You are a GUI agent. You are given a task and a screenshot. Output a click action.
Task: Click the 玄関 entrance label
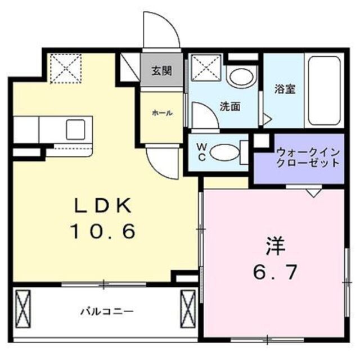pyautogui.click(x=161, y=71)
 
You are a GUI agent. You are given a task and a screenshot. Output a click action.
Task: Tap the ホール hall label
pyautogui.click(x=161, y=113)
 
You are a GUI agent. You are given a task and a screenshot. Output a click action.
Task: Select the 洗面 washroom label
pyautogui.click(x=231, y=106)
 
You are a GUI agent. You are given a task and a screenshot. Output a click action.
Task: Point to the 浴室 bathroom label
pyautogui.click(x=286, y=88)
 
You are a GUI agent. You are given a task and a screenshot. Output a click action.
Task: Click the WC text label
pyautogui.click(x=201, y=152)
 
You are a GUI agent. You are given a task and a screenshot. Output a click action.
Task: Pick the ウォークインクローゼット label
pyautogui.click(x=308, y=157)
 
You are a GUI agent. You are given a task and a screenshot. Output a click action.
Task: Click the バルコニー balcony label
pyautogui.click(x=106, y=310)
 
